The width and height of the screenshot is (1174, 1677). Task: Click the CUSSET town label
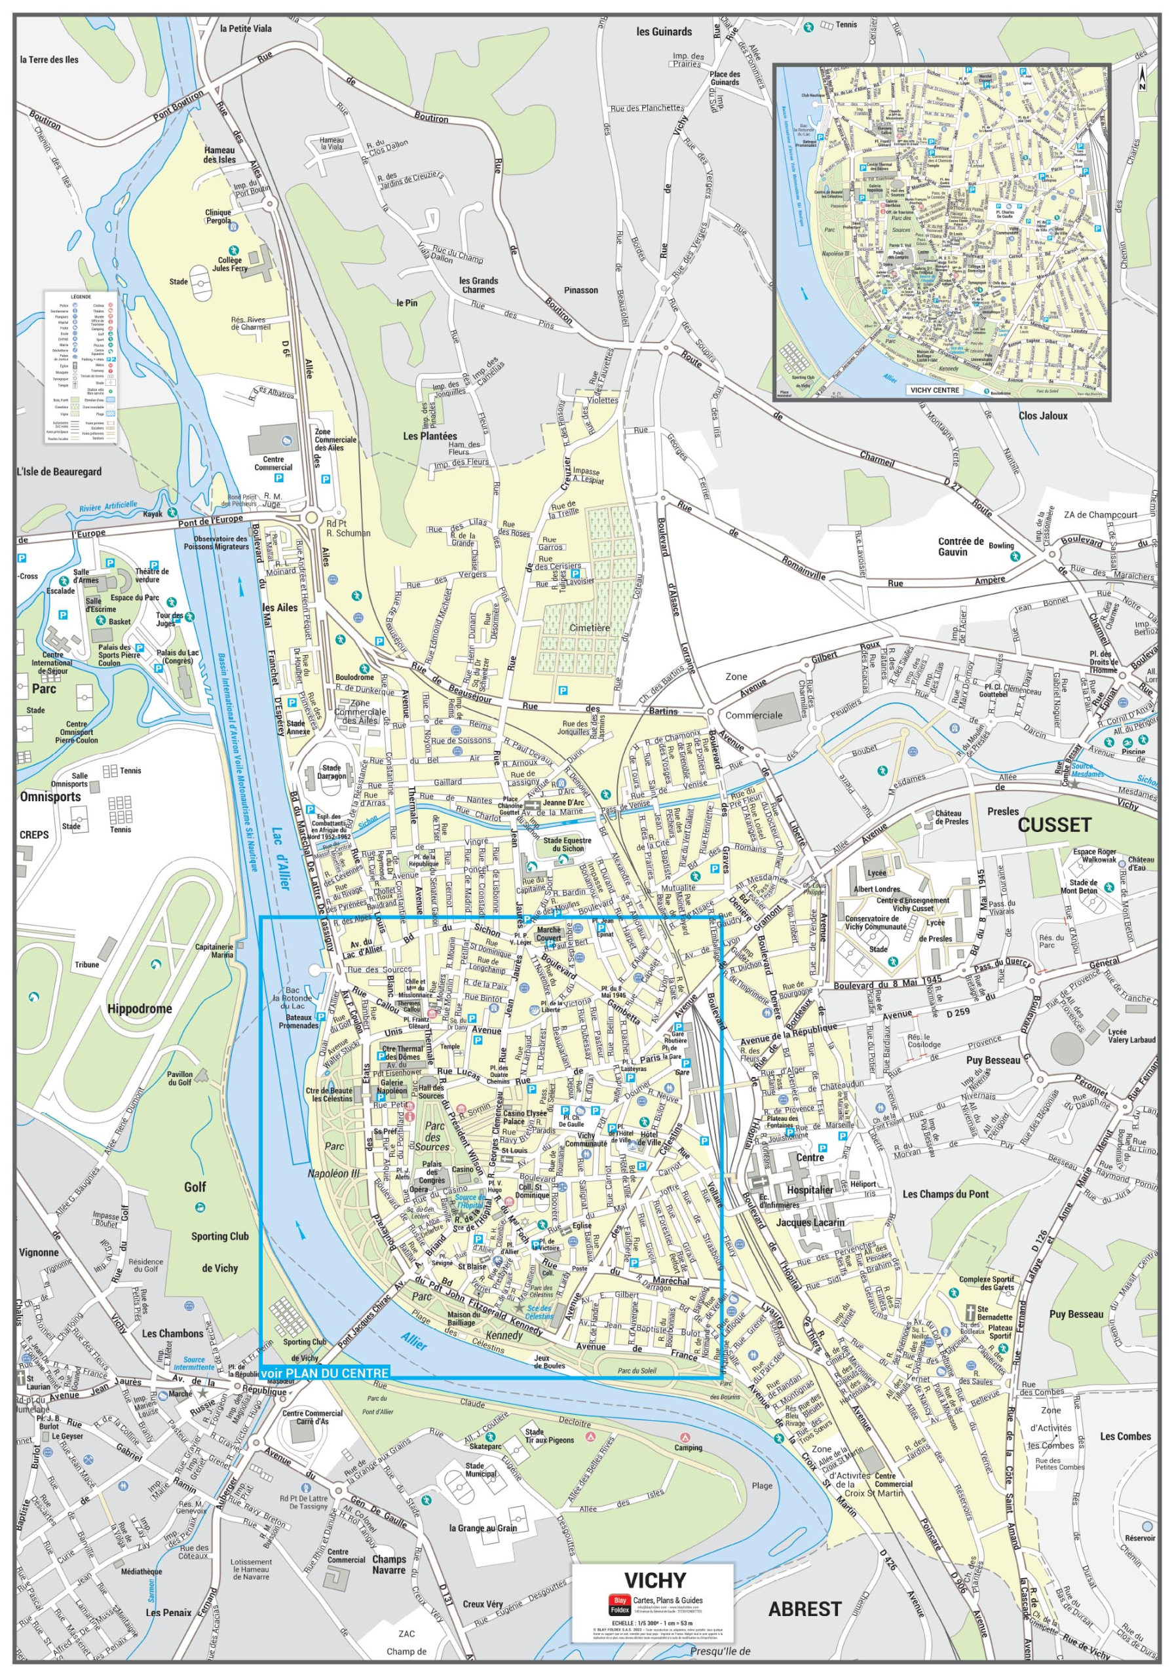click(x=1053, y=825)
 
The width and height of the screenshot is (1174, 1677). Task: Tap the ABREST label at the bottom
click(x=805, y=1608)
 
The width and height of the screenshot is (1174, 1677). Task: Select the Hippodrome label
click(x=140, y=1009)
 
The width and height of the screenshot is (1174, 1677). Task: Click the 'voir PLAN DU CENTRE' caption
click(x=324, y=1372)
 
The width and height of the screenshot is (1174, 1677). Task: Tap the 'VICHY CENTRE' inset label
click(x=934, y=390)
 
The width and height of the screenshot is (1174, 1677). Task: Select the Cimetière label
click(x=589, y=628)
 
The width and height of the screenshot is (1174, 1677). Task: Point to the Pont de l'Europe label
click(x=210, y=520)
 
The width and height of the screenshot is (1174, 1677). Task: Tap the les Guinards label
click(x=664, y=31)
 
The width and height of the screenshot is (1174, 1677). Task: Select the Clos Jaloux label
click(x=1042, y=415)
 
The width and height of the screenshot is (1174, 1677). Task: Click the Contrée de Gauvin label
click(x=960, y=546)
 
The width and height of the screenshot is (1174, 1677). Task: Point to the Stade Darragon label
click(x=331, y=771)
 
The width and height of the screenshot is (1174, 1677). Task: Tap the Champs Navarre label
click(x=388, y=1564)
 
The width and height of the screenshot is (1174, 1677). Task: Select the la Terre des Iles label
click(x=49, y=60)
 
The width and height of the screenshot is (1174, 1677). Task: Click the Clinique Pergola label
click(x=218, y=216)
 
